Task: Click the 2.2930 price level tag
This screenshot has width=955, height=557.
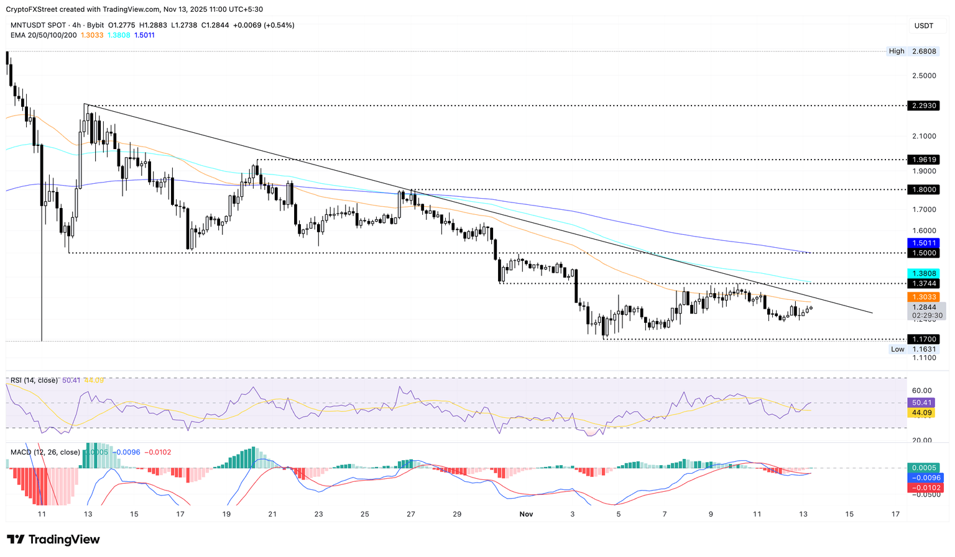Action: point(923,106)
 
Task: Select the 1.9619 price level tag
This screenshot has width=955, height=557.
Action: point(923,160)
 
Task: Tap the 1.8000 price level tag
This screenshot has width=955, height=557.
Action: point(923,189)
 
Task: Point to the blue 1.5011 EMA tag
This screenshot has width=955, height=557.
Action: point(923,243)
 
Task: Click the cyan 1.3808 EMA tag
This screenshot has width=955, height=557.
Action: point(923,273)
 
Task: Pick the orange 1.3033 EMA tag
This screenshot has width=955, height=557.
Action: point(923,297)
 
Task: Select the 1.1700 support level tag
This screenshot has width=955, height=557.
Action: point(923,339)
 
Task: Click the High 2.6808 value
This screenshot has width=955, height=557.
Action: point(923,52)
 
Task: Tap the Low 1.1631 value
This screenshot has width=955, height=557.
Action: point(923,349)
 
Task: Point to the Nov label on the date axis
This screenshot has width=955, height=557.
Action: point(526,514)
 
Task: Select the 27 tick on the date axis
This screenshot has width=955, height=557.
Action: point(411,514)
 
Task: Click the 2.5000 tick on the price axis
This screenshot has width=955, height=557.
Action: point(923,76)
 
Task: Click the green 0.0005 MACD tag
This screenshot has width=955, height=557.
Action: point(923,468)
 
